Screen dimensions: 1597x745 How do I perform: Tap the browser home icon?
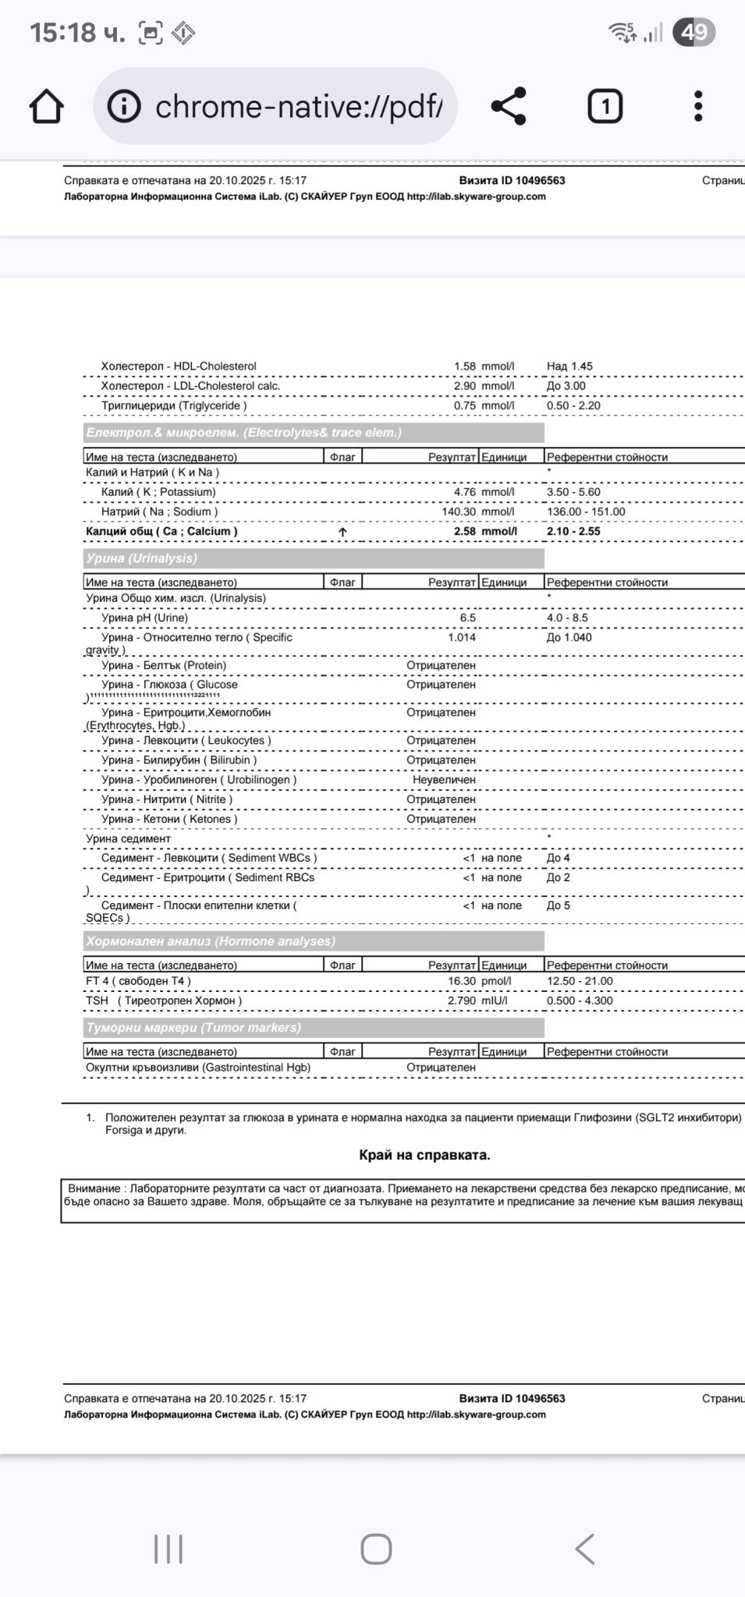tap(46, 106)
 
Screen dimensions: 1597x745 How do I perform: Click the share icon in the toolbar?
tap(509, 106)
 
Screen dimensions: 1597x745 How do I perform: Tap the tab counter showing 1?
tap(605, 106)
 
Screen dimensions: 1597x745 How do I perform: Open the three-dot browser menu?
tap(698, 106)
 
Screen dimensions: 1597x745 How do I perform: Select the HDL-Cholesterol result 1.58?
tap(464, 366)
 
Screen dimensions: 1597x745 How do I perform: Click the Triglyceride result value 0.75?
tap(464, 405)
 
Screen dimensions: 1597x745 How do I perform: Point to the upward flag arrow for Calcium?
tap(342, 532)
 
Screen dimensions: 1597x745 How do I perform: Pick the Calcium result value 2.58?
tap(464, 532)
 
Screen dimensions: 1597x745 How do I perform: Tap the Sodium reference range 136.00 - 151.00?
tap(586, 512)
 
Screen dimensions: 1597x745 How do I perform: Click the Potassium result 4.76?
tap(464, 492)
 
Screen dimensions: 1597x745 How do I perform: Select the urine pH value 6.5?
tap(467, 618)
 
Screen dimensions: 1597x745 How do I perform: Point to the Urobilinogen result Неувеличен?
tap(444, 780)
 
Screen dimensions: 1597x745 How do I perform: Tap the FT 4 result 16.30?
tap(461, 981)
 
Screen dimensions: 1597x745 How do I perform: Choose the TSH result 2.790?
tap(461, 1000)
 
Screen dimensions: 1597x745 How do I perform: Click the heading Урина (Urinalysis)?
tap(141, 558)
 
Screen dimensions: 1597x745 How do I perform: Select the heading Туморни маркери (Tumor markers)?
tap(193, 1028)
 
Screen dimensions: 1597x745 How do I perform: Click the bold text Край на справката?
tap(424, 1155)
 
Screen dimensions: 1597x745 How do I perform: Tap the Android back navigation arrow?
tap(585, 1549)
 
